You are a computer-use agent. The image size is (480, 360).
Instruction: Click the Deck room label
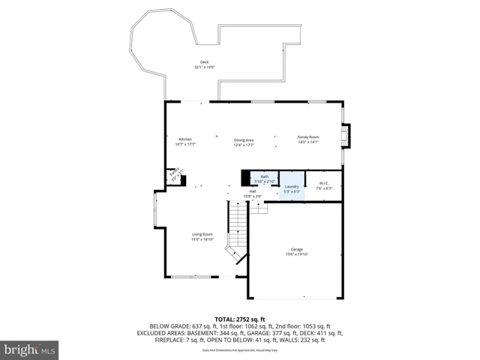204,62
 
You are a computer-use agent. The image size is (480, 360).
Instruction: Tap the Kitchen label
185,139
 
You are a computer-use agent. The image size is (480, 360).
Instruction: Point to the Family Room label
308,137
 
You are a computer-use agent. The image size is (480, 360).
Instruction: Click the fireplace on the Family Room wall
345,136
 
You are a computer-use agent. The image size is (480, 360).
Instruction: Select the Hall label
253,192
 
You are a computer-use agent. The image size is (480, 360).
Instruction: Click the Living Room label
202,234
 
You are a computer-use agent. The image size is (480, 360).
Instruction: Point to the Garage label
297,249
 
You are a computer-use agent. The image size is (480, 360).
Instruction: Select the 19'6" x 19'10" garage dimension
297,254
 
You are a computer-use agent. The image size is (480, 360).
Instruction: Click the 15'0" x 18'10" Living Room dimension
202,239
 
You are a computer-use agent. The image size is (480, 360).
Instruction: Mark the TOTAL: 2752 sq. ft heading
240,319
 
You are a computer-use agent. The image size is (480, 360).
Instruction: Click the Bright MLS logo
30,349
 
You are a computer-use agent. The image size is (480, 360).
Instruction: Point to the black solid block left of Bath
245,178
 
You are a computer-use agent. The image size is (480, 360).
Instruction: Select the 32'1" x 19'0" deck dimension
204,67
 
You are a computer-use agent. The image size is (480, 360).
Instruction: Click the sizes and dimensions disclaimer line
240,349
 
